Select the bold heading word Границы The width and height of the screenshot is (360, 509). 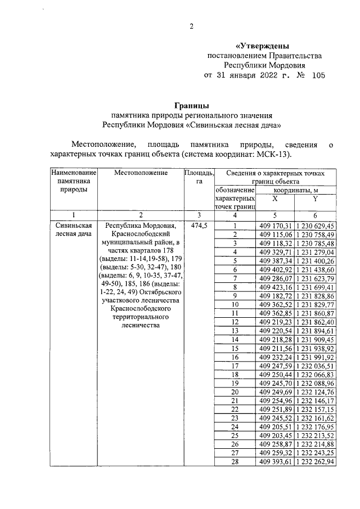coord(191,105)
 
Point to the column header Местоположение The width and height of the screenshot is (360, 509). coord(141,173)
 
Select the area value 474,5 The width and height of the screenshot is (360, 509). coord(199,226)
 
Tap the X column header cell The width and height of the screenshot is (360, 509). coord(274,199)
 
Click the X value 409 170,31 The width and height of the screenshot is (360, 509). coord(274,226)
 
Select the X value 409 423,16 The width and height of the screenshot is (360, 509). coord(274,287)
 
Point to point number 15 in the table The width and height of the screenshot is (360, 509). coord(235,348)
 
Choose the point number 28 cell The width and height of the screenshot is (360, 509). coord(235,462)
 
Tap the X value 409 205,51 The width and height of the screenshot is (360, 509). coord(274,427)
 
